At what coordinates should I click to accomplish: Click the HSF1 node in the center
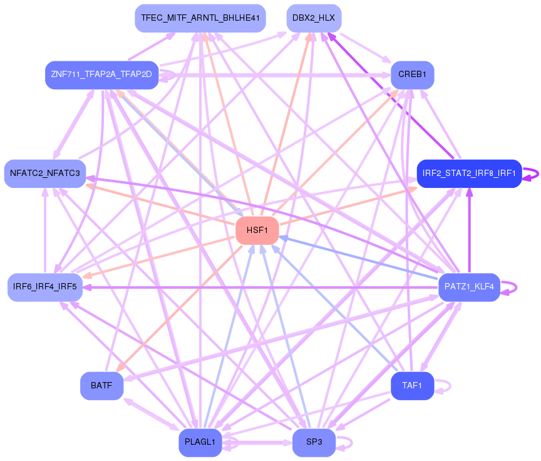click(257, 230)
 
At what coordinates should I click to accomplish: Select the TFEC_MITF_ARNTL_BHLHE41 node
click(200, 18)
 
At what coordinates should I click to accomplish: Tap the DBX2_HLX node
click(314, 18)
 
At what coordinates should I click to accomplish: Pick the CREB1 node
click(412, 75)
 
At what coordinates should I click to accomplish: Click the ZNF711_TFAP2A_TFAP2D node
click(101, 75)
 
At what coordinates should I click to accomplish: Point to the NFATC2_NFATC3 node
click(44, 173)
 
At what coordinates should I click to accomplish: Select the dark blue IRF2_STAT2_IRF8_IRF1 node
click(469, 173)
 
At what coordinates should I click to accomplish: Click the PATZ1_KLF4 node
click(469, 287)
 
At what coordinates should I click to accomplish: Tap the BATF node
click(101, 386)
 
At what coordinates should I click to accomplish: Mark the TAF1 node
click(412, 386)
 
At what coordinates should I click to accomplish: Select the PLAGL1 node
click(200, 442)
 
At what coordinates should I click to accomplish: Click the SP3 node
click(314, 442)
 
